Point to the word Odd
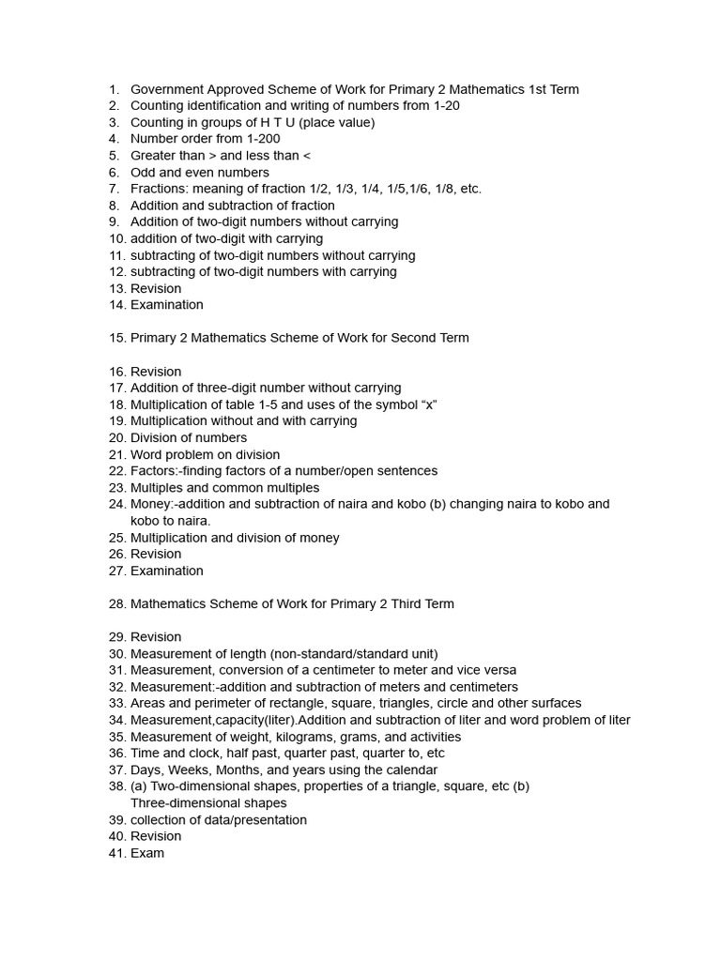[x=144, y=173]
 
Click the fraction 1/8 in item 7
[x=449, y=189]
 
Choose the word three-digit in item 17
[x=228, y=388]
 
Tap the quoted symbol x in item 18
[x=430, y=404]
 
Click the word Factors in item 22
[x=153, y=471]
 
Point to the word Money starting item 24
[x=150, y=504]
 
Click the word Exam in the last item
[x=147, y=853]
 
